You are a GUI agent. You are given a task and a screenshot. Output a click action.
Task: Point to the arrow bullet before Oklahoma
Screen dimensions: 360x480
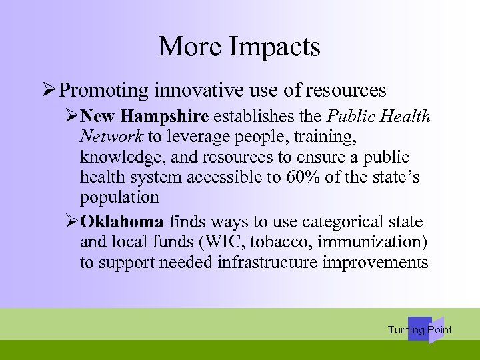point(73,222)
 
